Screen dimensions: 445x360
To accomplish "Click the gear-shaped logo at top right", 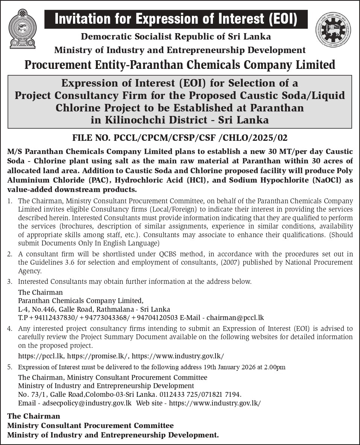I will (x=333, y=30).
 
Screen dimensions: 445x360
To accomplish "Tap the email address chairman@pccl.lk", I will (x=235, y=317).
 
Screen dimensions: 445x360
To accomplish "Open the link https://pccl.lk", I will (x=41, y=356).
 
